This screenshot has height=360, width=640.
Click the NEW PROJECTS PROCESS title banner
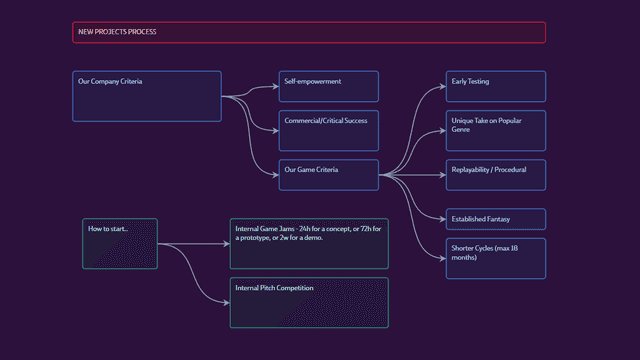coord(309,32)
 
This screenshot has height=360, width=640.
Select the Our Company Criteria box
coord(147,96)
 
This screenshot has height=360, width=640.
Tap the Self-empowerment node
coord(328,86)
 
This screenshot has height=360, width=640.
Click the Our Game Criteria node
coord(328,175)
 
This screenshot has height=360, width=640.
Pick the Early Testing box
coord(495,86)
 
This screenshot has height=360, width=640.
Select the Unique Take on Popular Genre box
coord(495,130)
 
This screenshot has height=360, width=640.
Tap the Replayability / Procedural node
coord(495,175)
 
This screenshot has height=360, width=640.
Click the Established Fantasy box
coord(495,219)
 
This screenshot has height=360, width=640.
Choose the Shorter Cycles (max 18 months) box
coord(495,258)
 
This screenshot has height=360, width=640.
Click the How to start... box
coord(119,243)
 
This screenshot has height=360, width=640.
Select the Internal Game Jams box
coord(309,243)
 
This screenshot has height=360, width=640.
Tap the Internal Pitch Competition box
coord(309,302)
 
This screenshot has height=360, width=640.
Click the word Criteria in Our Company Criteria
coord(129,81)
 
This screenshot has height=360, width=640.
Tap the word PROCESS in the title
coord(140,32)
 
